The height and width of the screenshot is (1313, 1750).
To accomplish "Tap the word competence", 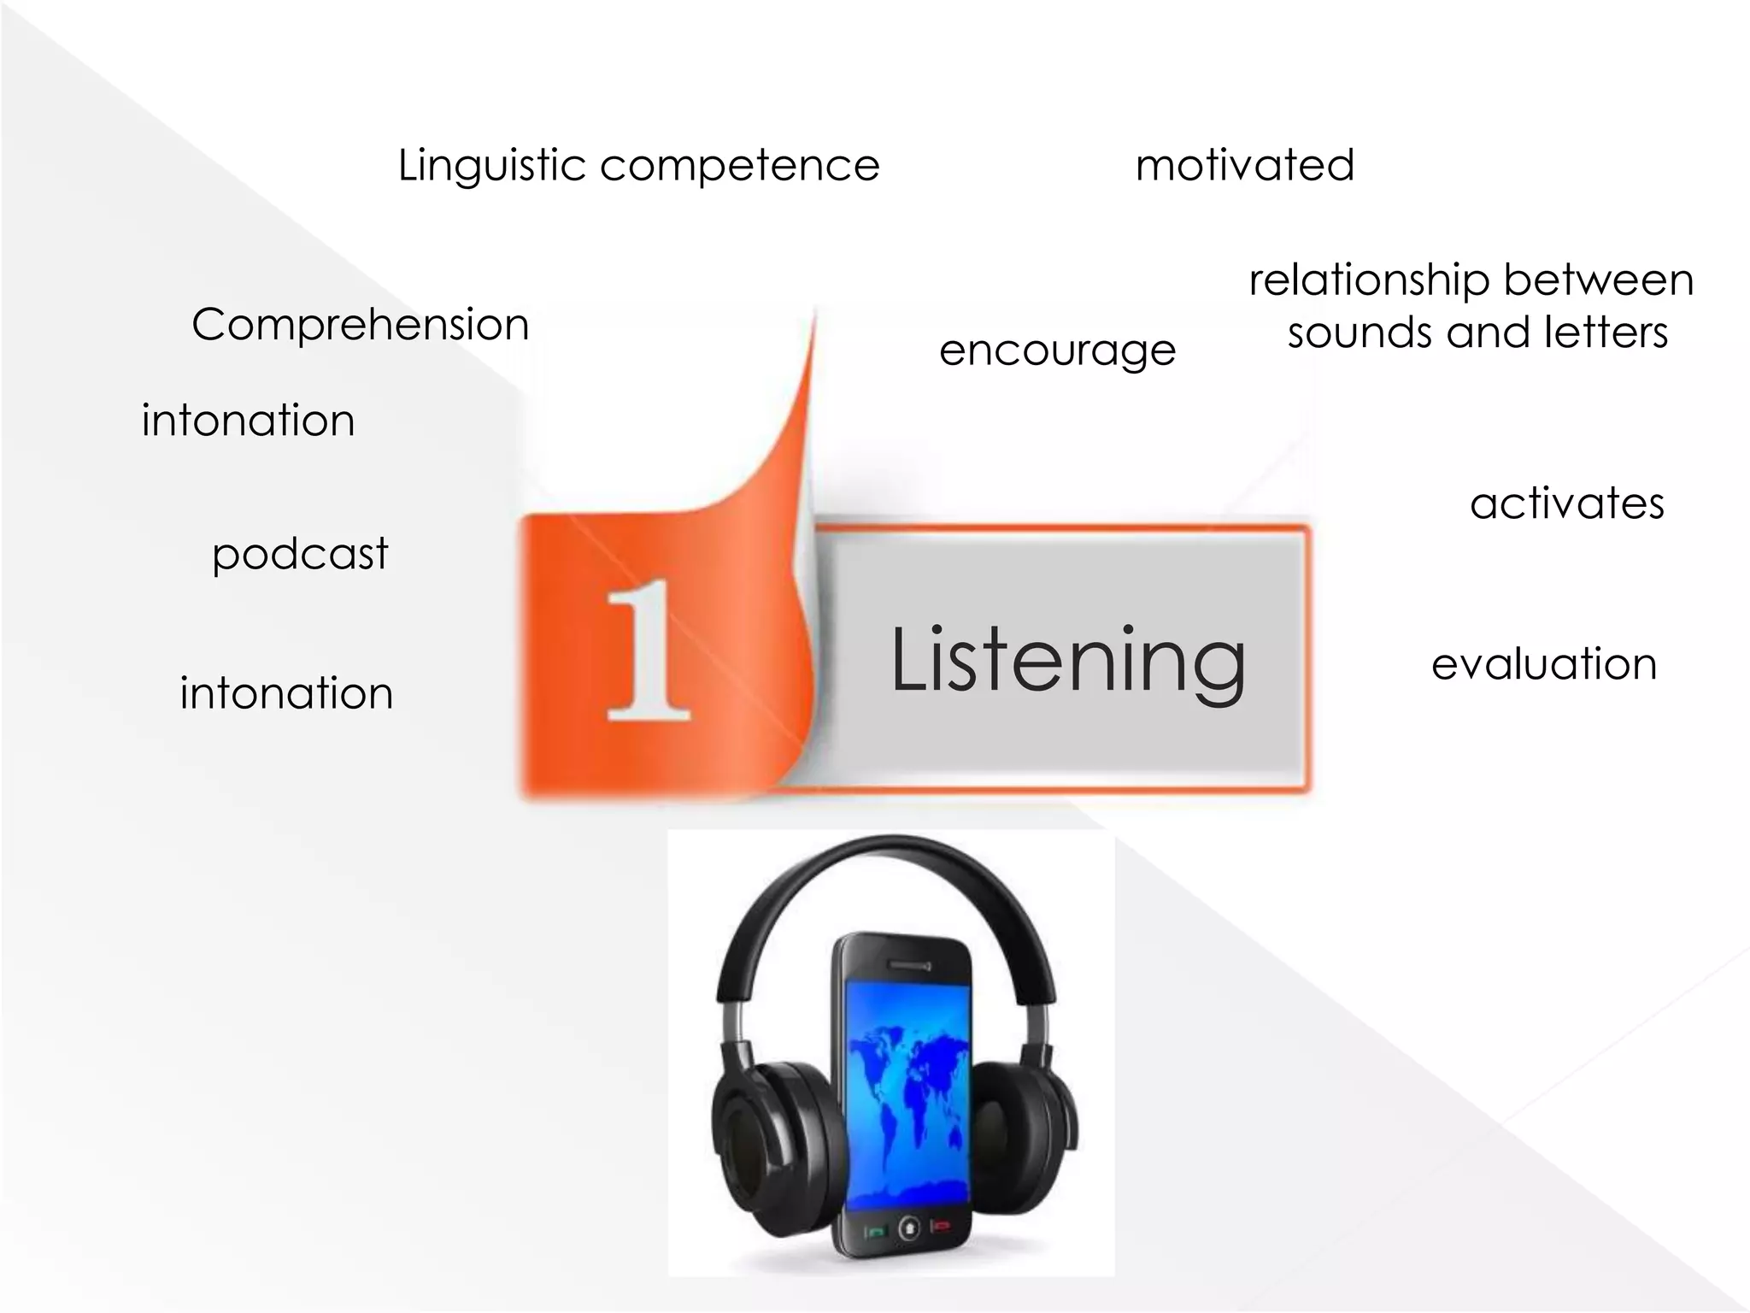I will click(740, 166).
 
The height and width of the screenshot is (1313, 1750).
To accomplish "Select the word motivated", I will click(1245, 165).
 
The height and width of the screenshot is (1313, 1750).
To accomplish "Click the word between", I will click(1599, 280).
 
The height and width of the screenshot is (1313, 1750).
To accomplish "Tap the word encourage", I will click(1057, 350).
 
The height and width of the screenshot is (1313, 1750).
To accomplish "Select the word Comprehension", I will click(361, 326).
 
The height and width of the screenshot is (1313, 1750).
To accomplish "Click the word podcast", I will click(300, 554).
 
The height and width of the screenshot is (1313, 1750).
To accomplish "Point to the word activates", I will click(1567, 503).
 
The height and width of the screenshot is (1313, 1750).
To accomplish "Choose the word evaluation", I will click(1544, 664).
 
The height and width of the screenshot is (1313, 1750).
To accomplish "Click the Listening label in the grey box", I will click(1068, 661).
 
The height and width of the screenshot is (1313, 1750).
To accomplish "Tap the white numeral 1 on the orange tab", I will click(648, 651).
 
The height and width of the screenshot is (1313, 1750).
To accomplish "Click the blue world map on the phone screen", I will click(906, 1086).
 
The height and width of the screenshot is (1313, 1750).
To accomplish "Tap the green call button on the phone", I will click(876, 1231).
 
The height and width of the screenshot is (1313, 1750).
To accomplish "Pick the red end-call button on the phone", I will click(941, 1226).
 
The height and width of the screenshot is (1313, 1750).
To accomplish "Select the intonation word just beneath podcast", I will click(286, 693).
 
